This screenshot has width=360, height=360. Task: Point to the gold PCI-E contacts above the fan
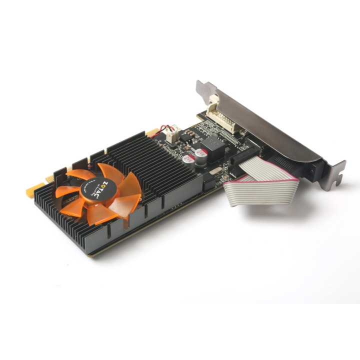point(152,133)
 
